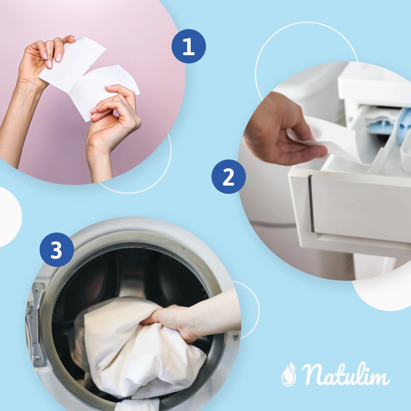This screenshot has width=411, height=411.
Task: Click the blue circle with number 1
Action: (189, 46)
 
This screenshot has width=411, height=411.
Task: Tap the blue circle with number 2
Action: (228, 177)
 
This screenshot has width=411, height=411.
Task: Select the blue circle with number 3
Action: (57, 250)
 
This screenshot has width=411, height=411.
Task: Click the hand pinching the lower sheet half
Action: (114, 119)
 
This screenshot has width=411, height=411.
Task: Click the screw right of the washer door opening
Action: (236, 337)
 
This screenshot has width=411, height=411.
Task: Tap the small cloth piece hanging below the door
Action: (139, 405)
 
